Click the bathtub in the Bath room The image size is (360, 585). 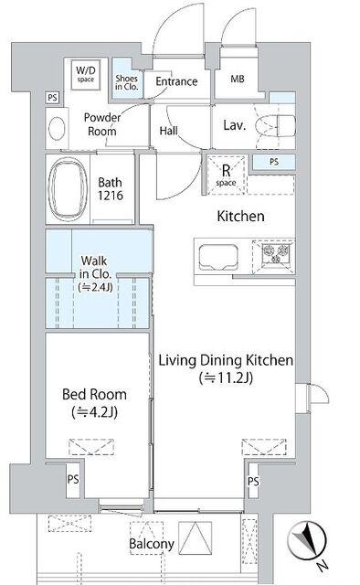[68, 189]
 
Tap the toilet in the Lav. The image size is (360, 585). [276, 125]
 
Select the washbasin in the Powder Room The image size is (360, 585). [57, 128]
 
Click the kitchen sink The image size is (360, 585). [218, 258]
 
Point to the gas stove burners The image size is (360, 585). [277, 253]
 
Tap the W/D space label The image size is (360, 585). [86, 74]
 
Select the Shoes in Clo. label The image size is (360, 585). [127, 82]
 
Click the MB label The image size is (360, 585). [238, 79]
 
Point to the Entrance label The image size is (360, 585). [176, 81]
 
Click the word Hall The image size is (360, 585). [169, 131]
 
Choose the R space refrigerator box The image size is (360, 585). [227, 175]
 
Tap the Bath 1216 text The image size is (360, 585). [111, 189]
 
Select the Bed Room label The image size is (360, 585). [94, 394]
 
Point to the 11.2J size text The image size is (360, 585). [226, 378]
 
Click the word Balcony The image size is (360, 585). [152, 544]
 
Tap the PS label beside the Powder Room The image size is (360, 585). [53, 98]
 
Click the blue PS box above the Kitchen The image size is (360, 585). [274, 162]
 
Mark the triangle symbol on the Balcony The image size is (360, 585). [196, 537]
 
